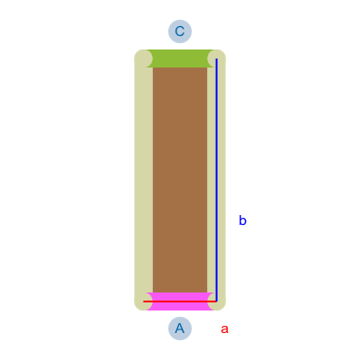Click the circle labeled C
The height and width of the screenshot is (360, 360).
coord(180,31)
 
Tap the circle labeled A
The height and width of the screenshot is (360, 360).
coord(180,328)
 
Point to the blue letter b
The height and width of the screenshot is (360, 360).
coord(242,220)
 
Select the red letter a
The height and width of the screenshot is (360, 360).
coord(224,329)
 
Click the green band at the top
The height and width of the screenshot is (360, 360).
coord(180,58)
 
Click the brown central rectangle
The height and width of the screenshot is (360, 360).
coord(180,180)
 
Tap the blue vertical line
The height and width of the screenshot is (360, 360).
coord(216,180)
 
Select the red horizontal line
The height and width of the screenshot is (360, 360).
coord(180,301)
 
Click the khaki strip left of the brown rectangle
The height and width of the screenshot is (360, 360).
coord(144,180)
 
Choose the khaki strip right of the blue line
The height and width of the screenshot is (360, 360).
coord(221,180)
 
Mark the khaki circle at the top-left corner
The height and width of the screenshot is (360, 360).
coord(143,58)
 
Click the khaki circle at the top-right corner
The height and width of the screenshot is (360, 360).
coord(217,58)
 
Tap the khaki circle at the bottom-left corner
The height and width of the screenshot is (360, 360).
coord(143,301)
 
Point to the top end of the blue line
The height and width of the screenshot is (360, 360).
coord(216,58)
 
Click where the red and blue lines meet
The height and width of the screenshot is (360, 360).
coord(216,301)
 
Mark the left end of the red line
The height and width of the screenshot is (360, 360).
coord(144,301)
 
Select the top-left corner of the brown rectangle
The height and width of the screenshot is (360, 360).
coord(153,67)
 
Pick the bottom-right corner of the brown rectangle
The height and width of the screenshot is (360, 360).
coord(207,292)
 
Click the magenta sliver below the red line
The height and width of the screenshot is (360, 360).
coord(180,306)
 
